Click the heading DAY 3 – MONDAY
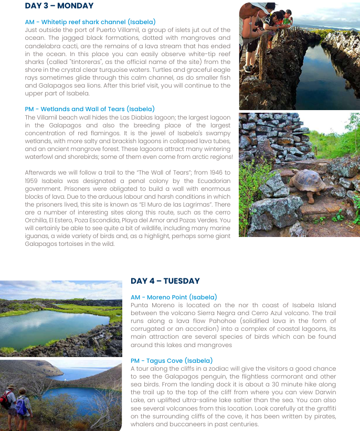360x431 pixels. click(59, 6)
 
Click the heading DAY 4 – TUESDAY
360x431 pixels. click(165, 281)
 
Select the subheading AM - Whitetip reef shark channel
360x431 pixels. click(90, 22)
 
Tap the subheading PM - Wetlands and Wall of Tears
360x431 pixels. click(90, 109)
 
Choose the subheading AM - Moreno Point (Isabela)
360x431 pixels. click(174, 297)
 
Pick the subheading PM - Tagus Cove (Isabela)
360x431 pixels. click(172, 361)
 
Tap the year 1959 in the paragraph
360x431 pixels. click(34, 181)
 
